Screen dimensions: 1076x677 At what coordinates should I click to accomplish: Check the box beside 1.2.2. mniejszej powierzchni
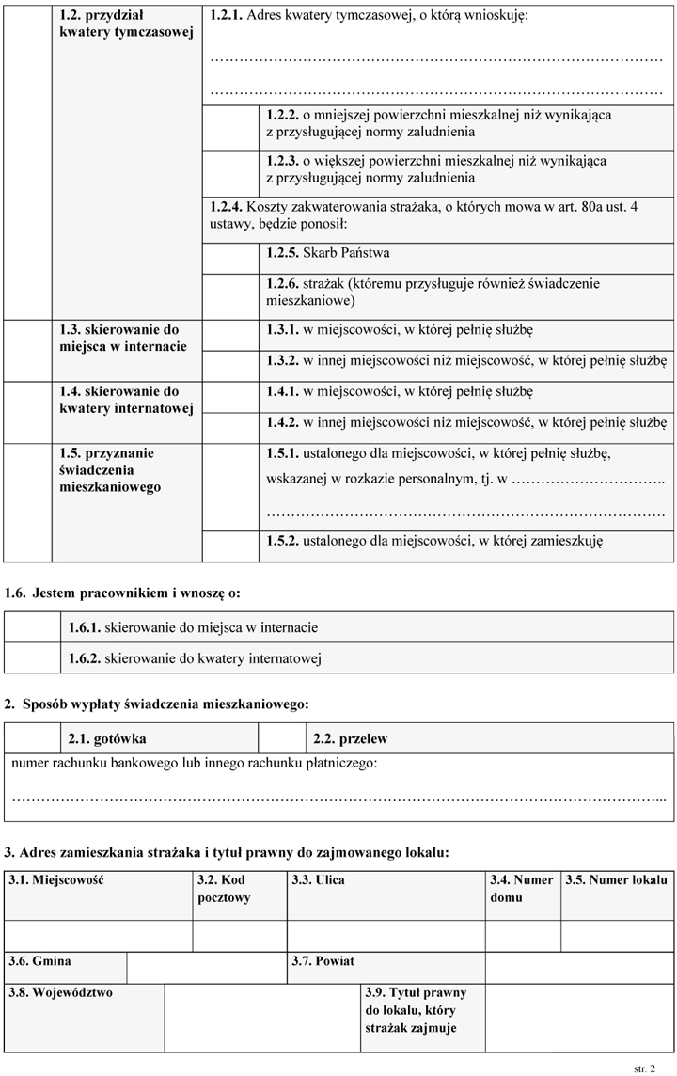230,123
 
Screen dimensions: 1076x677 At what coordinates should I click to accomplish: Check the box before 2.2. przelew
282,739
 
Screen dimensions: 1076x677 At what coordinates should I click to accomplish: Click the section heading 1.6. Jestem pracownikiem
123,593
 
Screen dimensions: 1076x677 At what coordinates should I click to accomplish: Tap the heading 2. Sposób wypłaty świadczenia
156,704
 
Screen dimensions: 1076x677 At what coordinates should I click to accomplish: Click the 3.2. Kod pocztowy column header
225,889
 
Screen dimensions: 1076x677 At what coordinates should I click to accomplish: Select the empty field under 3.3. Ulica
386,936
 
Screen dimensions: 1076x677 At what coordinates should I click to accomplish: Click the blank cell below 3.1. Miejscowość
99,936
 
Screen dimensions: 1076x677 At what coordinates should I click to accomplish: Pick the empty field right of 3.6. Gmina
206,968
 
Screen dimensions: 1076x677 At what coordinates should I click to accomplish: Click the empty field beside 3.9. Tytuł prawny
579,1017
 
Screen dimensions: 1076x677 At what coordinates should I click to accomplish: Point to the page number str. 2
645,1069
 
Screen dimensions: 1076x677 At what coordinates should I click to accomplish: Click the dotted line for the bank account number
338,798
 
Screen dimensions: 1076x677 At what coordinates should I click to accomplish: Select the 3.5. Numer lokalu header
615,880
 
